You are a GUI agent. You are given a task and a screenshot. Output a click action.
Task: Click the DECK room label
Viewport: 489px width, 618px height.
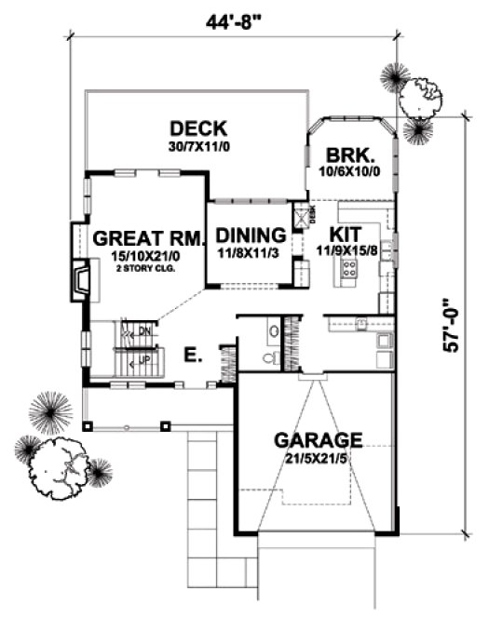point(197,128)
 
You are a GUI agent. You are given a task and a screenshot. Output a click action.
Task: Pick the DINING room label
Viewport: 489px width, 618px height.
point(250,234)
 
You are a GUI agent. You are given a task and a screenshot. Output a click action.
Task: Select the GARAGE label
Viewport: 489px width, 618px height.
point(316,438)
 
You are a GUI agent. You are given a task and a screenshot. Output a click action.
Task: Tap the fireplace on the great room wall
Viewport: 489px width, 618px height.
point(82,277)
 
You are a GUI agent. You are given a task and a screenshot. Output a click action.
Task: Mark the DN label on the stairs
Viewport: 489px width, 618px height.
point(143,330)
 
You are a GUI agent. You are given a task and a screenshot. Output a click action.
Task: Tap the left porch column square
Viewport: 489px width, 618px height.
point(88,426)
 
